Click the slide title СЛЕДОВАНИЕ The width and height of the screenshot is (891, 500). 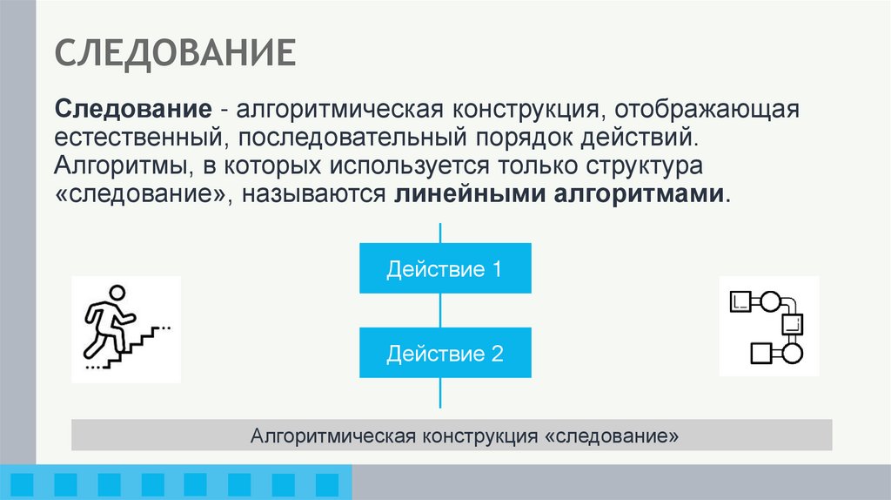click(176, 54)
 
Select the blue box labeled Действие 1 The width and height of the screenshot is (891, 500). click(445, 268)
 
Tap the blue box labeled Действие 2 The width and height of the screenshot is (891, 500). click(445, 353)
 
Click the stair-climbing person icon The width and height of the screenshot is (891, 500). click(125, 328)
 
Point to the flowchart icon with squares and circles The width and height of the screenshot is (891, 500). click(769, 327)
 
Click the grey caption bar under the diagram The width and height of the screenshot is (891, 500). click(452, 435)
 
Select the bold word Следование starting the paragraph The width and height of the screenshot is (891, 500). click(134, 111)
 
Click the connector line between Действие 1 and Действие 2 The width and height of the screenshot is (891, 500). click(441, 310)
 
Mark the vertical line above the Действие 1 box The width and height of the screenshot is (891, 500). click(441, 233)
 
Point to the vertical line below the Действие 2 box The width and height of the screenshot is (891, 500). click(441, 393)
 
